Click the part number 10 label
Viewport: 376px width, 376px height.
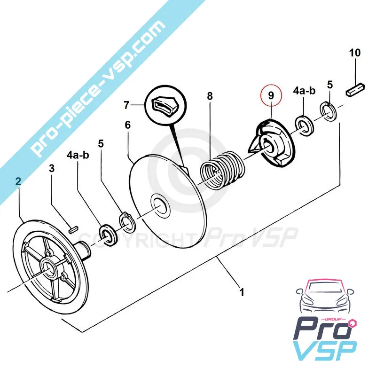click(354, 52)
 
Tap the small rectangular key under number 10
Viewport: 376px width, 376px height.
click(355, 88)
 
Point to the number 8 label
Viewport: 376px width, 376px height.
click(210, 96)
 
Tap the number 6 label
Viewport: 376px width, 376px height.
click(127, 125)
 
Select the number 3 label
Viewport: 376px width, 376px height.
click(52, 168)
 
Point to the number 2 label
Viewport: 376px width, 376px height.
click(18, 181)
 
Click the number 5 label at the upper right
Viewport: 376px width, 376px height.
click(330, 85)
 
